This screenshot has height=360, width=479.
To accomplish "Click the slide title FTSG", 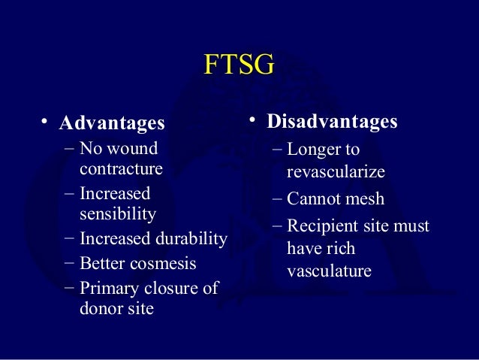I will click(x=239, y=66).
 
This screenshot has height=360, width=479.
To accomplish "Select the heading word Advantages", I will click(x=112, y=122).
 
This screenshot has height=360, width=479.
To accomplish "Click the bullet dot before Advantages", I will click(x=46, y=122).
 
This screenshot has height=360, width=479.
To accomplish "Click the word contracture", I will click(x=121, y=168).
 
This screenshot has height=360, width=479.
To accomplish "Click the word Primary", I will click(x=108, y=288).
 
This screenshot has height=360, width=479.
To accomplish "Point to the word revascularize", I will click(x=336, y=172).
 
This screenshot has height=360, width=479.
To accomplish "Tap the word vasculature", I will click(x=329, y=271).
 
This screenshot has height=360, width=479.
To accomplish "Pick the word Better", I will click(x=104, y=264).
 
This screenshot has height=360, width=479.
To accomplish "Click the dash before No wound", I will click(x=69, y=146).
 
